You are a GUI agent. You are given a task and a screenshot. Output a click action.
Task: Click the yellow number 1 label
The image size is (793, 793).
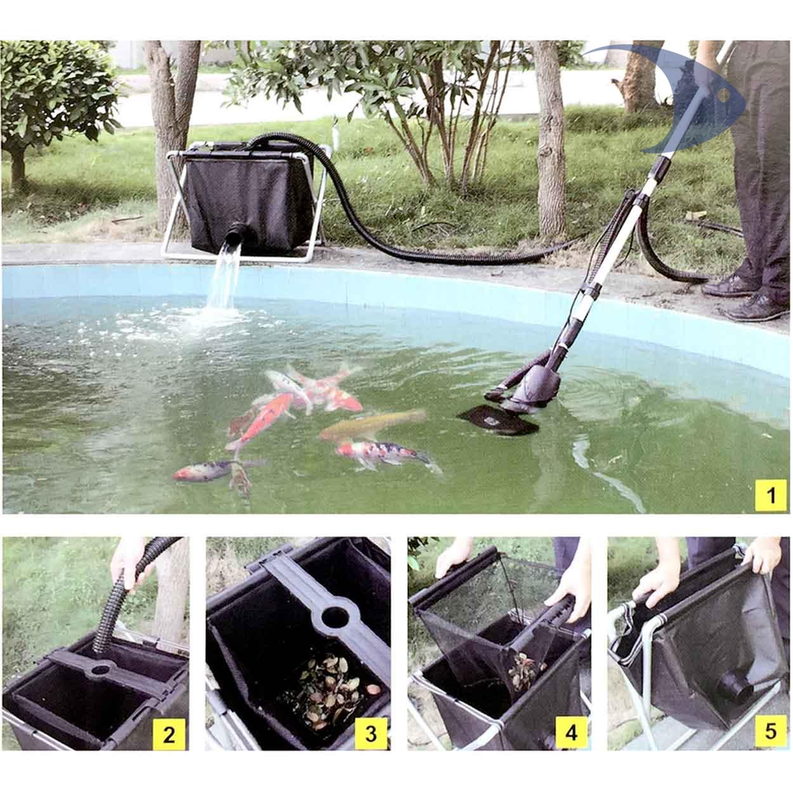[x=771, y=495]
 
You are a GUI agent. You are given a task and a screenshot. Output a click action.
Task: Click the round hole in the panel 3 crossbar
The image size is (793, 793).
[x=335, y=617]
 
